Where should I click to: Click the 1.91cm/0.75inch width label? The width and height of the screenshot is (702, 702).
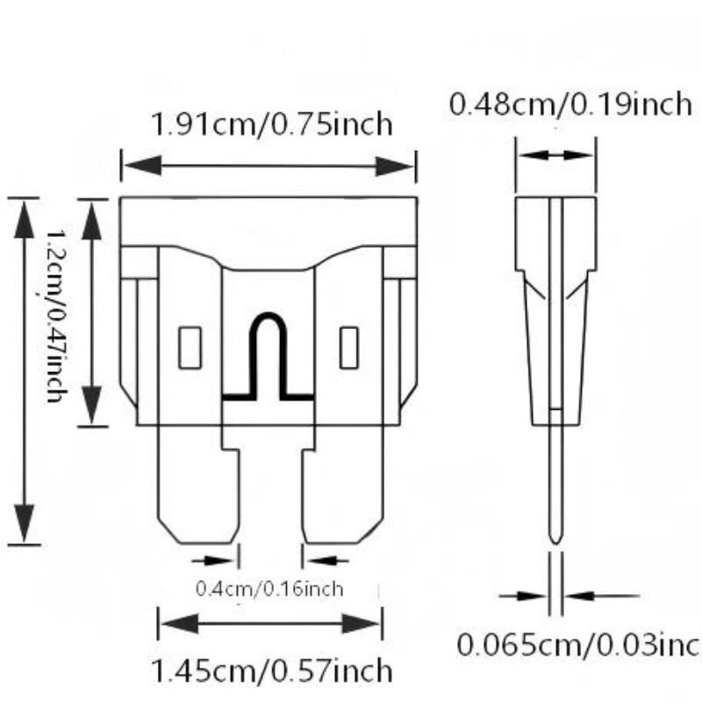coord(271,124)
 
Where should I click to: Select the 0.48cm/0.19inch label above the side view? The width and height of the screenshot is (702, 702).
coord(571,104)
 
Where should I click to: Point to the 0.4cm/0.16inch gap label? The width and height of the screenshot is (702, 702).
coord(269,589)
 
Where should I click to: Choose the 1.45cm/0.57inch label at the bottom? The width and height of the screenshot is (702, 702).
coord(271,672)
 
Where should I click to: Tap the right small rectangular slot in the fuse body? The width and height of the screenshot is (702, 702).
coord(348,347)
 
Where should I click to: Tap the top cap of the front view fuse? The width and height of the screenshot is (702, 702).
coord(268,220)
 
